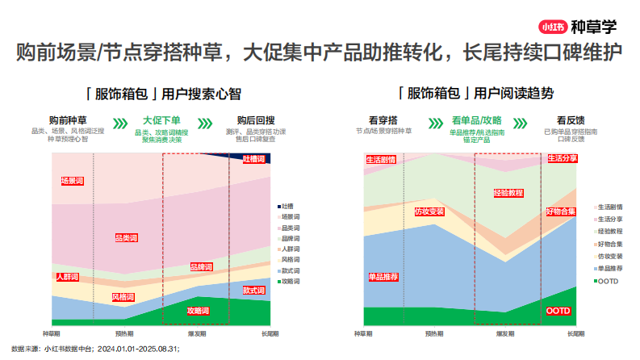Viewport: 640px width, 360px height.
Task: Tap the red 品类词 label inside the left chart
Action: tap(127, 238)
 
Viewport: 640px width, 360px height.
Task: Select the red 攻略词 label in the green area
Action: tap(198, 311)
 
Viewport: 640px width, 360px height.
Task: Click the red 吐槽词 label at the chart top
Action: tap(255, 160)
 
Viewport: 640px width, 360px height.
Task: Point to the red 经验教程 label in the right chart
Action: tap(508, 194)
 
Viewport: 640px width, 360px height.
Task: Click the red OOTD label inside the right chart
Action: tap(558, 311)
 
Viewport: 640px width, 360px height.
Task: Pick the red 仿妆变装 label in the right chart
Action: tap(429, 211)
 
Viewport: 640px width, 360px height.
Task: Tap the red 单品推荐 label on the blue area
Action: tap(383, 277)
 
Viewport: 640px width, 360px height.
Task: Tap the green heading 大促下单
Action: tap(161, 119)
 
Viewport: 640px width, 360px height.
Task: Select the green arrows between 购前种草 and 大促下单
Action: tap(119, 124)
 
